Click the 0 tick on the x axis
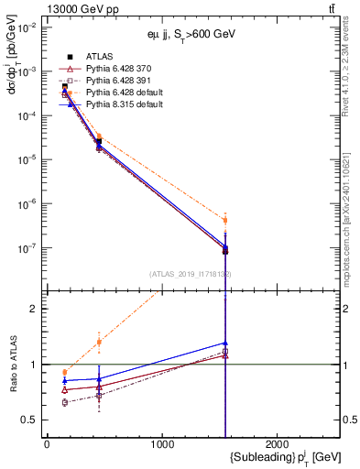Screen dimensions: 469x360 [x=47, y=444]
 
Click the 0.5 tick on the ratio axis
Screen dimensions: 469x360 [x=32, y=420]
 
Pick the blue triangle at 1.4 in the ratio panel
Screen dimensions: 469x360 [x=225, y=343]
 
